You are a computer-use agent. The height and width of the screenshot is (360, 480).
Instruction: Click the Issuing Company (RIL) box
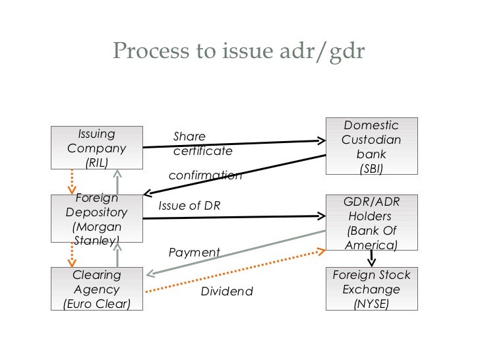coord(97,148)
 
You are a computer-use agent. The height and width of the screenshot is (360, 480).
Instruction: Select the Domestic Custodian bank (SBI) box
coord(372,146)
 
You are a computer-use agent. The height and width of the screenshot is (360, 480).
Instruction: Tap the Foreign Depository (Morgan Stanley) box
coord(97,219)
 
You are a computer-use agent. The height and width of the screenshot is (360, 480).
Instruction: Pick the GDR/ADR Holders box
coord(372,223)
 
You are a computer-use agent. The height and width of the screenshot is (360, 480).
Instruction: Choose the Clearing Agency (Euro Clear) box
coord(97,289)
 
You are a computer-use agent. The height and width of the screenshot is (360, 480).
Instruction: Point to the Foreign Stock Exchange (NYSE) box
coord(372,289)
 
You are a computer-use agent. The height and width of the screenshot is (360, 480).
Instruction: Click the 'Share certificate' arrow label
coord(202,144)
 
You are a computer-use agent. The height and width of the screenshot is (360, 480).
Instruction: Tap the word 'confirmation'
coord(205,175)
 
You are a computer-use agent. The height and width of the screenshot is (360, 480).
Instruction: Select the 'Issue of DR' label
coord(189,206)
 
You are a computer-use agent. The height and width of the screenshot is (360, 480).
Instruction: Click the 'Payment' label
coord(194,253)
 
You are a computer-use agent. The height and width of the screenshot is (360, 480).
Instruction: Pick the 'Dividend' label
coord(227,291)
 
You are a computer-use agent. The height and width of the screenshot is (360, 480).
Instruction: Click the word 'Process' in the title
coord(151,51)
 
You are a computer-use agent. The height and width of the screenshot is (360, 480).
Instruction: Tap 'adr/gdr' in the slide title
coord(322,51)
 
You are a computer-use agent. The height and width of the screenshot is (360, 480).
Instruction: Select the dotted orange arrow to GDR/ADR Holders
coord(235,271)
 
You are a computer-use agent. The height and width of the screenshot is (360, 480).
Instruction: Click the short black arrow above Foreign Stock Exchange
coord(371,258)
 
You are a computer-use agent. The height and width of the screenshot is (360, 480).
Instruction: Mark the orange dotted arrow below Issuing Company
coord(72,182)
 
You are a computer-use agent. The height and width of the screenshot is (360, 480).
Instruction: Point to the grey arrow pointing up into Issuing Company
coord(117,182)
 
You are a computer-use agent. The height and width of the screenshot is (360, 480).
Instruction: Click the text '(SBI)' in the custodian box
coord(371,169)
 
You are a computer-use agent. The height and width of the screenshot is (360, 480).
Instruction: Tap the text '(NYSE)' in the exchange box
coord(371,304)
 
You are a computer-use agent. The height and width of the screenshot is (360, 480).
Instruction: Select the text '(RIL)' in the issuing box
coord(97,163)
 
